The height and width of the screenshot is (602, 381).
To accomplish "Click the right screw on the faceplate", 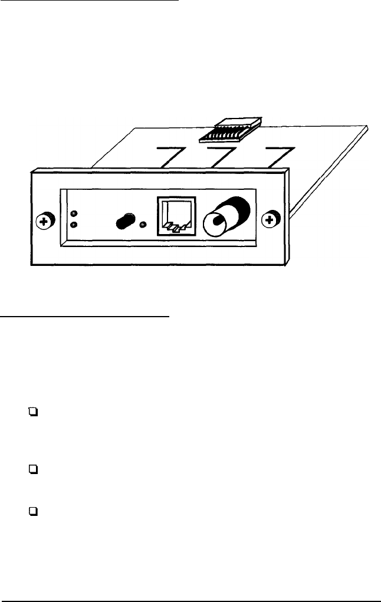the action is (x=270, y=221).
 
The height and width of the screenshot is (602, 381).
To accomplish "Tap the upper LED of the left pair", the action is (x=73, y=213).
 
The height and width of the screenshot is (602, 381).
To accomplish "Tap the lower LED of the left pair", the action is (x=73, y=225).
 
